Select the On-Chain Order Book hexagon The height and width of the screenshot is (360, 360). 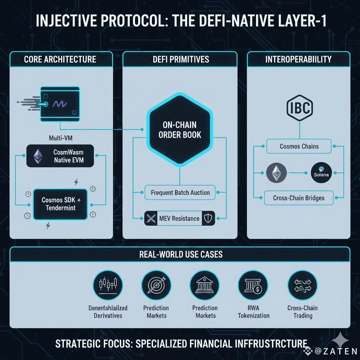(x=180, y=130)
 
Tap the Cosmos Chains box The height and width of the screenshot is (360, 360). (x=299, y=146)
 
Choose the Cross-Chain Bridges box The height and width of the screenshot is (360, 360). (x=299, y=198)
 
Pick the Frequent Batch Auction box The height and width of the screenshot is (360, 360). (x=180, y=193)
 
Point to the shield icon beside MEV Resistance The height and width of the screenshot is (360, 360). (x=208, y=218)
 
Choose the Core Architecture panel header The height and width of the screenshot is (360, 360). (x=60, y=59)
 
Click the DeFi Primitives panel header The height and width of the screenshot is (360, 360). (x=180, y=59)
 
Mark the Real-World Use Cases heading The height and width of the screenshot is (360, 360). (x=180, y=254)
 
